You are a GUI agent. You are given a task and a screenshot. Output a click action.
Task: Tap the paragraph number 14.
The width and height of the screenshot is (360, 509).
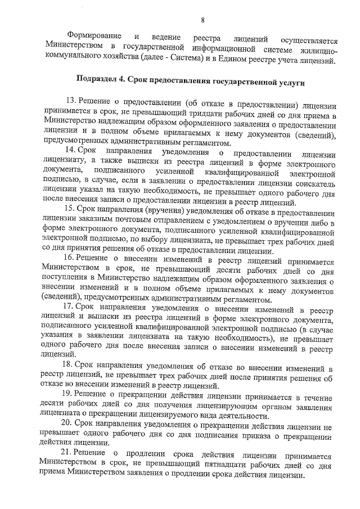[70, 150]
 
